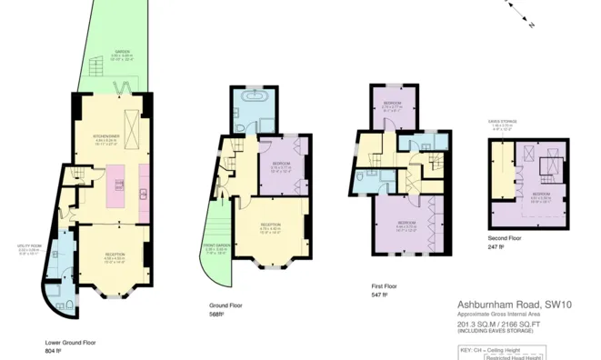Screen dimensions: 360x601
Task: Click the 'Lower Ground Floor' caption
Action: point(69,343)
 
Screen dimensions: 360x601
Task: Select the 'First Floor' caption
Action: point(385,285)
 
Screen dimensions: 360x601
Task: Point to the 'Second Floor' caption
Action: point(505,237)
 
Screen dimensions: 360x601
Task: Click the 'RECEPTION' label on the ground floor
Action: point(270,225)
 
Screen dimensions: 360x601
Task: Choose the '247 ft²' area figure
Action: point(496,246)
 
